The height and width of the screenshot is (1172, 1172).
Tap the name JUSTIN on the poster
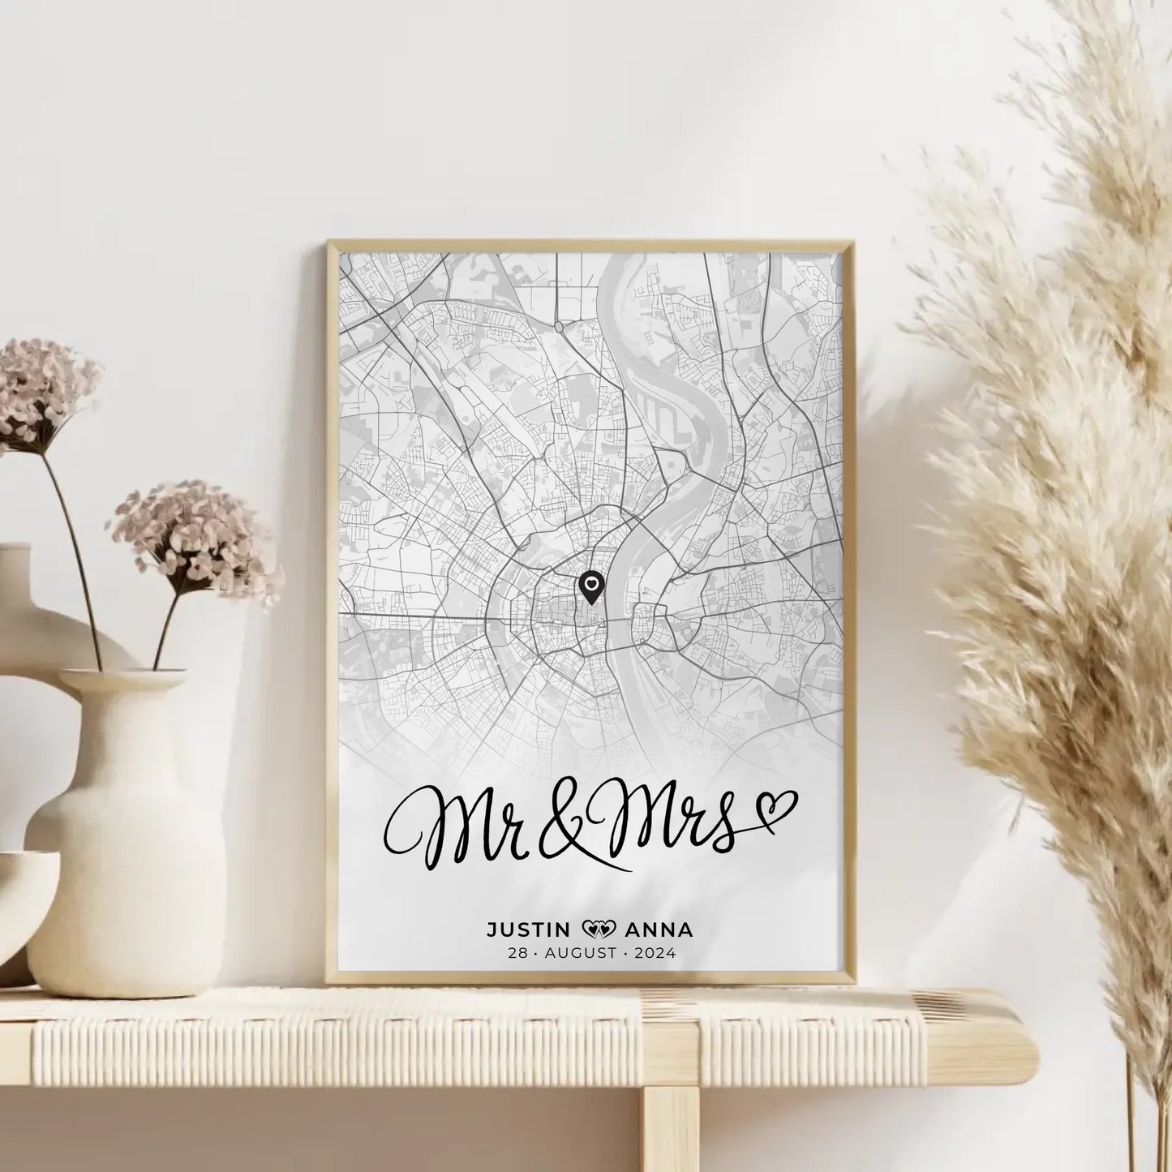pos(530,929)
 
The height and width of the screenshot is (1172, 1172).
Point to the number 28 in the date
pos(517,953)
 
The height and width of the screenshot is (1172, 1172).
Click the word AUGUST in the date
pos(580,953)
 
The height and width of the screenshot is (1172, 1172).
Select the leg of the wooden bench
pos(670,1127)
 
